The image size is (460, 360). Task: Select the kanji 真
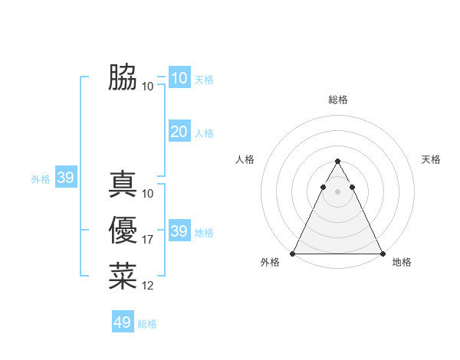coord(123,185)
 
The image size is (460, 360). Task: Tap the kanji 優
coord(123,231)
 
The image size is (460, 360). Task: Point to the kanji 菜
coord(123,277)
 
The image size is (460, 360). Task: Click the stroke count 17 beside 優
coord(148,240)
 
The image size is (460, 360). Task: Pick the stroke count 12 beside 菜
coord(148,286)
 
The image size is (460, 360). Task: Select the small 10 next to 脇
coord(148,86)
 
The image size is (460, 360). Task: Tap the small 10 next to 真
coord(148,194)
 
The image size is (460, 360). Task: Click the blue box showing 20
coord(179,132)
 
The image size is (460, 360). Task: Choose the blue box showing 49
coord(123,322)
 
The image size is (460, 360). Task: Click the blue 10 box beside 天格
coord(179,78)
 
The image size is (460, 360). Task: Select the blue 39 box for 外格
coord(66,178)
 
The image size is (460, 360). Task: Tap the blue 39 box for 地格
coord(179,231)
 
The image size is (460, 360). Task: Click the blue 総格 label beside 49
coord(147,324)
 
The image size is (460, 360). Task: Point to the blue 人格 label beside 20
coord(204,133)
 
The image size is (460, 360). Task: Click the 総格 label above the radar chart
coord(337,100)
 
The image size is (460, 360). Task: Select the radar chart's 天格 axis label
coord(431,159)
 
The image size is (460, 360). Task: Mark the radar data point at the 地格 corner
coord(383,254)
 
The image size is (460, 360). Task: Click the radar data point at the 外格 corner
coord(293,254)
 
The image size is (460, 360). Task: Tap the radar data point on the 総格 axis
coord(337,161)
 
